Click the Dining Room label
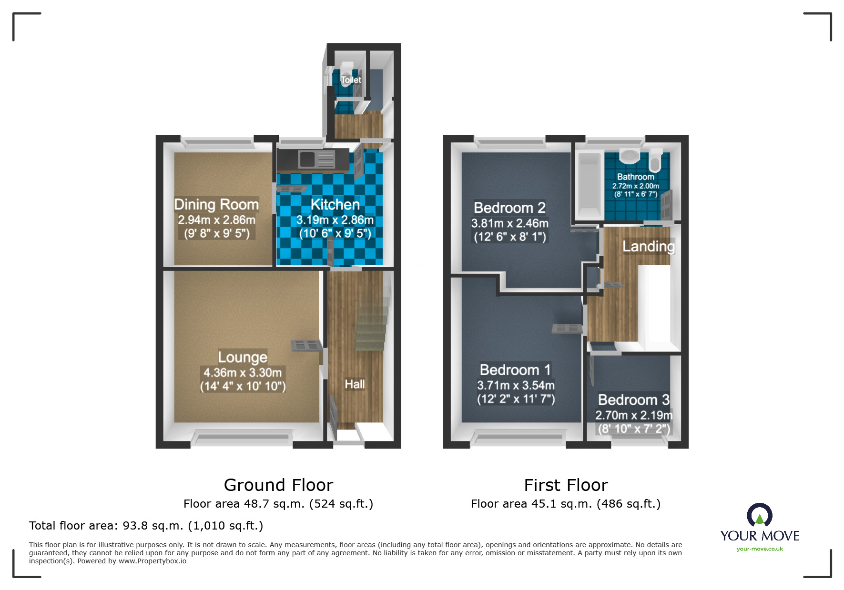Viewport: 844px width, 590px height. pos(216,204)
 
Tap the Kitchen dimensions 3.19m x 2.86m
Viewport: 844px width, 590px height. pos(335,220)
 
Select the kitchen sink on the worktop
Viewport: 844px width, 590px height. pos(308,159)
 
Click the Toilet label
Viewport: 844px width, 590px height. pos(351,80)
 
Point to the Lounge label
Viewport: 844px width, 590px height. pos(243,357)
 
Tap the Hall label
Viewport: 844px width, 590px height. pos(355,384)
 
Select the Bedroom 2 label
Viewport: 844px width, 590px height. pos(509,208)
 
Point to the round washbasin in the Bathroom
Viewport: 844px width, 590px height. pos(630,155)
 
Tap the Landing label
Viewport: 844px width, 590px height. pos(648,246)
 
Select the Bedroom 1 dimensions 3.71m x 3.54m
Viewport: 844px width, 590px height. pos(516,385)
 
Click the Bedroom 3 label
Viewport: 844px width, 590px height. pos(633,400)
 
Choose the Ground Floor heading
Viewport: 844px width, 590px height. pos(278,485)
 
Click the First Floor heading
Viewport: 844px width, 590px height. pos(566,485)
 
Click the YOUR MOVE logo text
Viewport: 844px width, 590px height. pos(760,536)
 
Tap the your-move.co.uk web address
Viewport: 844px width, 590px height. pos(760,549)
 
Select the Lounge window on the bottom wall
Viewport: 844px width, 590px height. pos(243,437)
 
